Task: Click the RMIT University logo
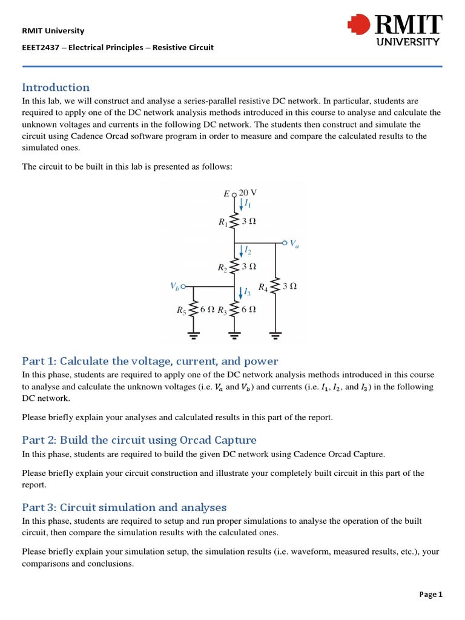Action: pyautogui.click(x=394, y=30)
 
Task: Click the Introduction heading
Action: pyautogui.click(x=56, y=87)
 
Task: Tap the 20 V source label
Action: pyautogui.click(x=248, y=193)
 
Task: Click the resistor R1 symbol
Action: pyautogui.click(x=235, y=222)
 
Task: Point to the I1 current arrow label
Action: pyautogui.click(x=248, y=205)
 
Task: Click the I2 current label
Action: pyautogui.click(x=248, y=251)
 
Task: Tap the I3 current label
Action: pyautogui.click(x=247, y=293)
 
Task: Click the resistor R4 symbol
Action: pyautogui.click(x=275, y=287)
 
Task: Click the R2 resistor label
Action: pyautogui.click(x=223, y=266)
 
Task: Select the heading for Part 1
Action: pyautogui.click(x=150, y=361)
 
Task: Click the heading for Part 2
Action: pyautogui.click(x=139, y=440)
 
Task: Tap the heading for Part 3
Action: pyautogui.click(x=124, y=507)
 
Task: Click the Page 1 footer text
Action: pyautogui.click(x=431, y=595)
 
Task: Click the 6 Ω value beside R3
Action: pyautogui.click(x=248, y=309)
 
